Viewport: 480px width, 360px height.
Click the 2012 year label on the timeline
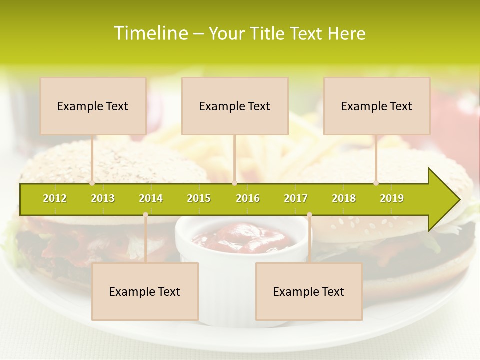55,198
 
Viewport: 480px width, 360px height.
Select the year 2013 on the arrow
103,198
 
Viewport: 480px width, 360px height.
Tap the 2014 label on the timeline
151,198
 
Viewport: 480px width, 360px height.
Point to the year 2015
199,198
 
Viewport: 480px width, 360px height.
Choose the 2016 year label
248,198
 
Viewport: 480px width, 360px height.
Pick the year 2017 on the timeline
296,198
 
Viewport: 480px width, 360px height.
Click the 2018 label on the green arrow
344,198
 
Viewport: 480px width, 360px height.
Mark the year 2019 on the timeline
392,198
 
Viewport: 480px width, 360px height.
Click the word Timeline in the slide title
150,33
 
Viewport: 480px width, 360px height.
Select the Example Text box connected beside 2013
93,106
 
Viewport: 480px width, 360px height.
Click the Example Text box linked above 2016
235,106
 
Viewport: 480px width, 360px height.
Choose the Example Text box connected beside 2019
377,106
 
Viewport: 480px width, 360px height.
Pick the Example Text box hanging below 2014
145,291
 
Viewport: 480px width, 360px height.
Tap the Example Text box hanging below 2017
309,291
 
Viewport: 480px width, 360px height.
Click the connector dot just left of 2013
92,183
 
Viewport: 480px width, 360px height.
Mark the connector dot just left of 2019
376,183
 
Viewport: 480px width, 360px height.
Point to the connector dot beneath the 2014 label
145,215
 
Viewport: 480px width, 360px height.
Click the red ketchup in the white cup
240,235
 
